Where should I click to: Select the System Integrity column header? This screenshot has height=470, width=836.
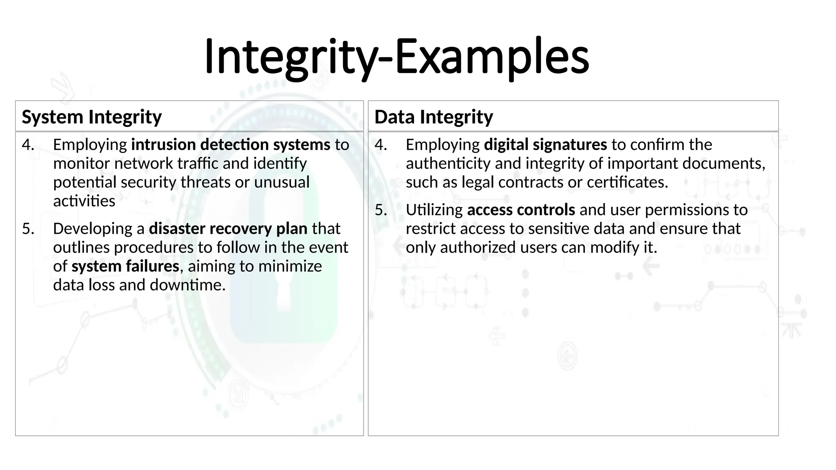(x=92, y=117)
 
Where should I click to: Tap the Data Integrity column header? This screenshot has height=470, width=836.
(x=434, y=117)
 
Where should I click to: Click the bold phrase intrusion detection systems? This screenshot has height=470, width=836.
(x=231, y=145)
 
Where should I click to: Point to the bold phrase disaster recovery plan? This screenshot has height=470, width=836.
(x=228, y=229)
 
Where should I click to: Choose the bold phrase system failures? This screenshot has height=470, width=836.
(x=125, y=266)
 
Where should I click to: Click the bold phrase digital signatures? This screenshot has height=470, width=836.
(x=545, y=145)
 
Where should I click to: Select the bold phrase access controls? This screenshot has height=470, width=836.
(x=521, y=210)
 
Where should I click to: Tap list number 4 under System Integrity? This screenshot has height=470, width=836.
(x=28, y=145)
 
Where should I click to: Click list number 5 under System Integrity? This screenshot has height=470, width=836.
(x=28, y=229)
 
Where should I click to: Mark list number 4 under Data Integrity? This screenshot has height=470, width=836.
(x=381, y=145)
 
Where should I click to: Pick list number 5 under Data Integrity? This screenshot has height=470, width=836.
(x=381, y=210)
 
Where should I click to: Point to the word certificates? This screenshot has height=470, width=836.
(x=627, y=182)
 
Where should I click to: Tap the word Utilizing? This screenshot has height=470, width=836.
(x=434, y=210)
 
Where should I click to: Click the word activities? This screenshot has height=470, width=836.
(x=84, y=201)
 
